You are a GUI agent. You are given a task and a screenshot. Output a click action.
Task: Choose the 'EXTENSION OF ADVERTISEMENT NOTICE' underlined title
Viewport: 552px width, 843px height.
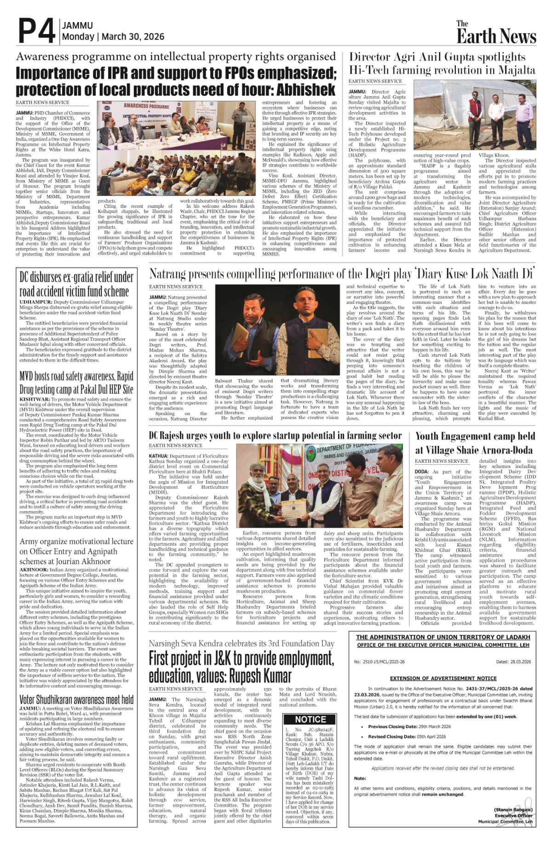click(x=443, y=678)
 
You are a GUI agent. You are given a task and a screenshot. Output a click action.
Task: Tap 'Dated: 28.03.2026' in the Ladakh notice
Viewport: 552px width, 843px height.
click(x=513, y=662)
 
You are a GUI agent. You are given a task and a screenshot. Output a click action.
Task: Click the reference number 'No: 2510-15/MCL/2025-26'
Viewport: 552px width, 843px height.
click(x=379, y=662)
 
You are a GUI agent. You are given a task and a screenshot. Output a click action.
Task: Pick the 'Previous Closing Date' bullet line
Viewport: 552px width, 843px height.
click(x=409, y=727)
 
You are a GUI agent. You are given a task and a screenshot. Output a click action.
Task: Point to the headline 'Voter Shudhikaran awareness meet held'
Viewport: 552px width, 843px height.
click(x=76, y=700)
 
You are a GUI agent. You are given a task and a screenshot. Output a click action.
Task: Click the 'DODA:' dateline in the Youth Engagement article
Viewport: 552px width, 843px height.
click(x=422, y=472)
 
